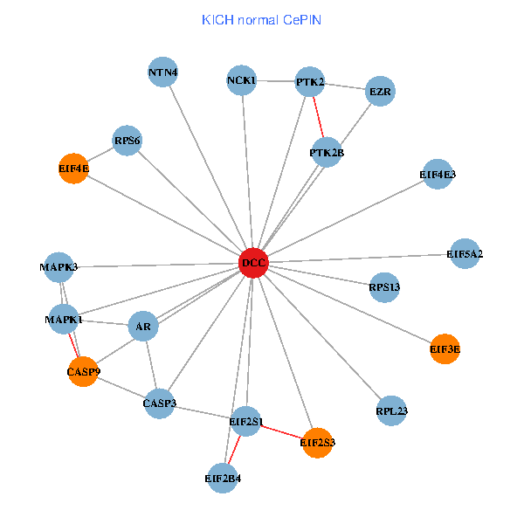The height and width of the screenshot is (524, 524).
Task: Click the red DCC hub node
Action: [x=253, y=263]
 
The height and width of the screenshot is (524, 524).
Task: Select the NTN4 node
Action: [x=163, y=72]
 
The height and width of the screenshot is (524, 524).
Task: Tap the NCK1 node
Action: [x=241, y=81]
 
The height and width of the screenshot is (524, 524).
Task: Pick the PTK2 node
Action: [x=310, y=82]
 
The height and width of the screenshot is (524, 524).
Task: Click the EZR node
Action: [x=380, y=91]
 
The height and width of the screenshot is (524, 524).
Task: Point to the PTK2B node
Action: [x=327, y=153]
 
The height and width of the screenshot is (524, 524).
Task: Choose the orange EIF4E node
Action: [x=74, y=168]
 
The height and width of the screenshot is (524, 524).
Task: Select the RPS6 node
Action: [x=128, y=141]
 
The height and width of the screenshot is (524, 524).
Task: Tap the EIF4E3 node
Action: [x=438, y=175]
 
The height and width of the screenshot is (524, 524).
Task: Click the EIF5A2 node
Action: [x=465, y=254]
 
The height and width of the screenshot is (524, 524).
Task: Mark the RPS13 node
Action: [x=384, y=286]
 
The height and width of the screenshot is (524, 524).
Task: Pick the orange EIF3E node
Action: [x=445, y=349]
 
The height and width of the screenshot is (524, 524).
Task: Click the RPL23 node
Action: [x=392, y=410]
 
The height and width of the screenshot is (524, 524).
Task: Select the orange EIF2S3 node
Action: [x=317, y=443]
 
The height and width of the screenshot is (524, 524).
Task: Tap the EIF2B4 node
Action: [x=223, y=479]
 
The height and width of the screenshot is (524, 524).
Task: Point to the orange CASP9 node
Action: [x=83, y=371]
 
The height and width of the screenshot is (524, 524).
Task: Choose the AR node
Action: [x=143, y=327]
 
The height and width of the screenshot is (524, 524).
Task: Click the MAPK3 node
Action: [x=59, y=266]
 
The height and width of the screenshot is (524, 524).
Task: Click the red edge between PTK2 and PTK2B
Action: [x=319, y=118]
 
